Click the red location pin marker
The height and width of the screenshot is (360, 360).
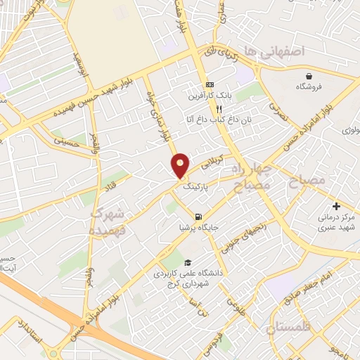click(x=181, y=165)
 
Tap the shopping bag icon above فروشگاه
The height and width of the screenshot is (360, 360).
click(x=309, y=76)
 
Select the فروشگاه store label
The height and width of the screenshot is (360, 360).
click(x=310, y=87)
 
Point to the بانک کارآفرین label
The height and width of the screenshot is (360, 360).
click(x=209, y=95)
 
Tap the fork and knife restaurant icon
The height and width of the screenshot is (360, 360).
click(x=219, y=109)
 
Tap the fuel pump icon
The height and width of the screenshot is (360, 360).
click(x=199, y=217)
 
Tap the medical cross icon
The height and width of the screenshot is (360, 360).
click(x=336, y=207)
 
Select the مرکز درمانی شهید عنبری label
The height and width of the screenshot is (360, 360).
click(x=337, y=223)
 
